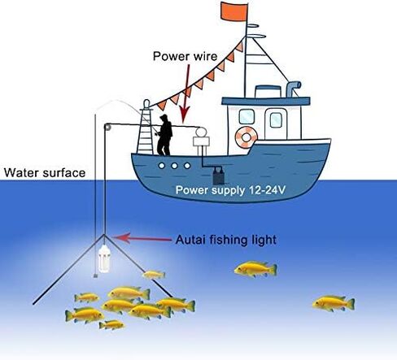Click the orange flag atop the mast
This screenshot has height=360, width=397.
(x=234, y=11)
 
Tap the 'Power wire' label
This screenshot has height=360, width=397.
(x=185, y=56)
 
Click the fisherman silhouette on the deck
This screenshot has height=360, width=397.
(x=165, y=135)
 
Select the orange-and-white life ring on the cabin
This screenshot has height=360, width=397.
(x=246, y=137)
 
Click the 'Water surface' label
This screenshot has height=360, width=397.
(x=45, y=173)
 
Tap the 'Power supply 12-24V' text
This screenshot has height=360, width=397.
(x=230, y=190)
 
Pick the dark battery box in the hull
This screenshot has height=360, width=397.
(x=218, y=176)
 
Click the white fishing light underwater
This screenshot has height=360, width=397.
(x=105, y=258)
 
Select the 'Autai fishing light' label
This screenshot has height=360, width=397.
(x=226, y=240)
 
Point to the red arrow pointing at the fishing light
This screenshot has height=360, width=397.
(x=142, y=238)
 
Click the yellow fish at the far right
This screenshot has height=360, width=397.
(x=334, y=303)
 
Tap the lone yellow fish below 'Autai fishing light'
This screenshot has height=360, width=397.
(x=255, y=269)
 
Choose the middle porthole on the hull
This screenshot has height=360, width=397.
(x=174, y=166)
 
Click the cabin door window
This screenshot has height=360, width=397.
(x=276, y=120)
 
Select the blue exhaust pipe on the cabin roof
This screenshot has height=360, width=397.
(x=293, y=88)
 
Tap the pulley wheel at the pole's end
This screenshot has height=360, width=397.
(x=107, y=127)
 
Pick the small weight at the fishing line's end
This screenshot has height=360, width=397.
(x=95, y=275)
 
